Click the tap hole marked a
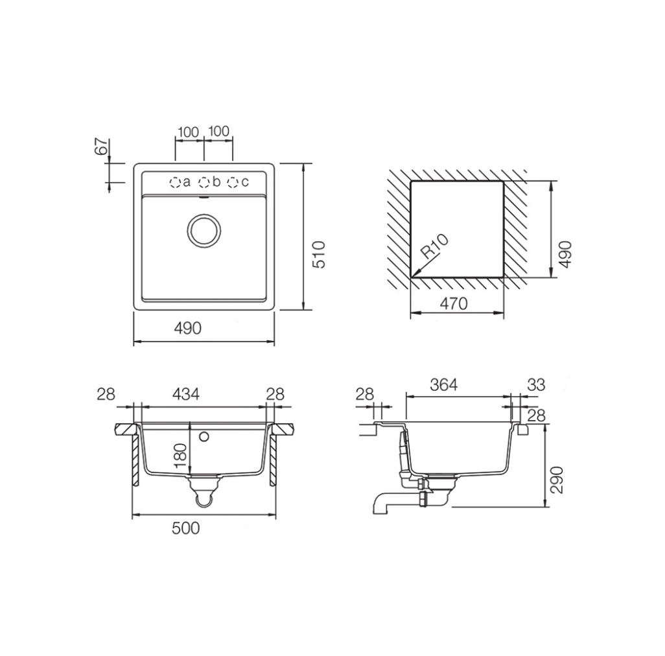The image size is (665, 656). tap(174, 183)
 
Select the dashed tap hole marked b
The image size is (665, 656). tap(204, 183)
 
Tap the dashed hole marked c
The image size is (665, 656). tap(233, 183)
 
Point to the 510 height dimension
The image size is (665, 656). tap(318, 254)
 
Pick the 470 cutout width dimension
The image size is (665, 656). tap(453, 303)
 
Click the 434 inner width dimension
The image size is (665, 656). tap(186, 394)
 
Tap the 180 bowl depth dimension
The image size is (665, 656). tap(181, 456)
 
